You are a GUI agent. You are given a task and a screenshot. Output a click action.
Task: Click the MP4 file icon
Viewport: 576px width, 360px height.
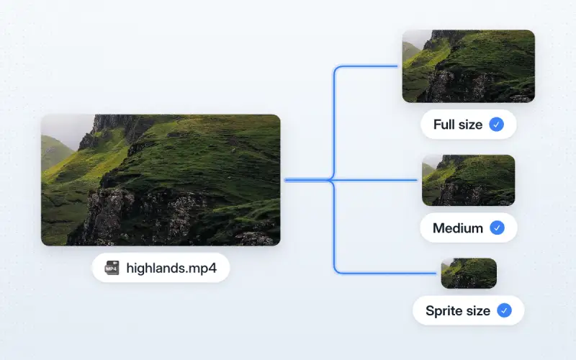pos(112,268)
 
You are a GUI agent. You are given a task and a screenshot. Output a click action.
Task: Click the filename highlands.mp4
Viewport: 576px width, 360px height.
pos(171,268)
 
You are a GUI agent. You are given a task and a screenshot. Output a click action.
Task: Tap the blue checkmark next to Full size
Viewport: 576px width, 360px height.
pos(496,125)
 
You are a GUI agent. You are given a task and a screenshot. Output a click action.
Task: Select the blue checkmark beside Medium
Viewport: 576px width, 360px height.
pos(497,228)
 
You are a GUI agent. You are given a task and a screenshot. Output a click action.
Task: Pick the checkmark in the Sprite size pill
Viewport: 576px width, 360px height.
pos(505,310)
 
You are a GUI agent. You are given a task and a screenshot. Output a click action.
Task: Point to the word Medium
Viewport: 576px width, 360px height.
pos(458,228)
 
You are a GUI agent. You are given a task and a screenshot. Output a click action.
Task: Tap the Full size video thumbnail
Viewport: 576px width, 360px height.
pos(469,66)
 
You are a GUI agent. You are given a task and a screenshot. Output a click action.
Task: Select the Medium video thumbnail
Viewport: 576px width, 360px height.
pos(469,181)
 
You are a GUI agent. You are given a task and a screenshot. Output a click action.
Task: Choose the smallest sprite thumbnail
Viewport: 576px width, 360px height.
pos(469,274)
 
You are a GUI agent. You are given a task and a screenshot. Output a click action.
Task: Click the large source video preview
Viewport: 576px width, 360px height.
pos(161,180)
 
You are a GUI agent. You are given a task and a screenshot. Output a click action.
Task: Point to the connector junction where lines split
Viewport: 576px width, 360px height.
pos(330,180)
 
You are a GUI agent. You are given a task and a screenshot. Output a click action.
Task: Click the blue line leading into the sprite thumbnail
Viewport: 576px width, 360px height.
pos(386,274)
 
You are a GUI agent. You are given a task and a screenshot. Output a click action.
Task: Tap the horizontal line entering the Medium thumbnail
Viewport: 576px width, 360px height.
pos(374,180)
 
